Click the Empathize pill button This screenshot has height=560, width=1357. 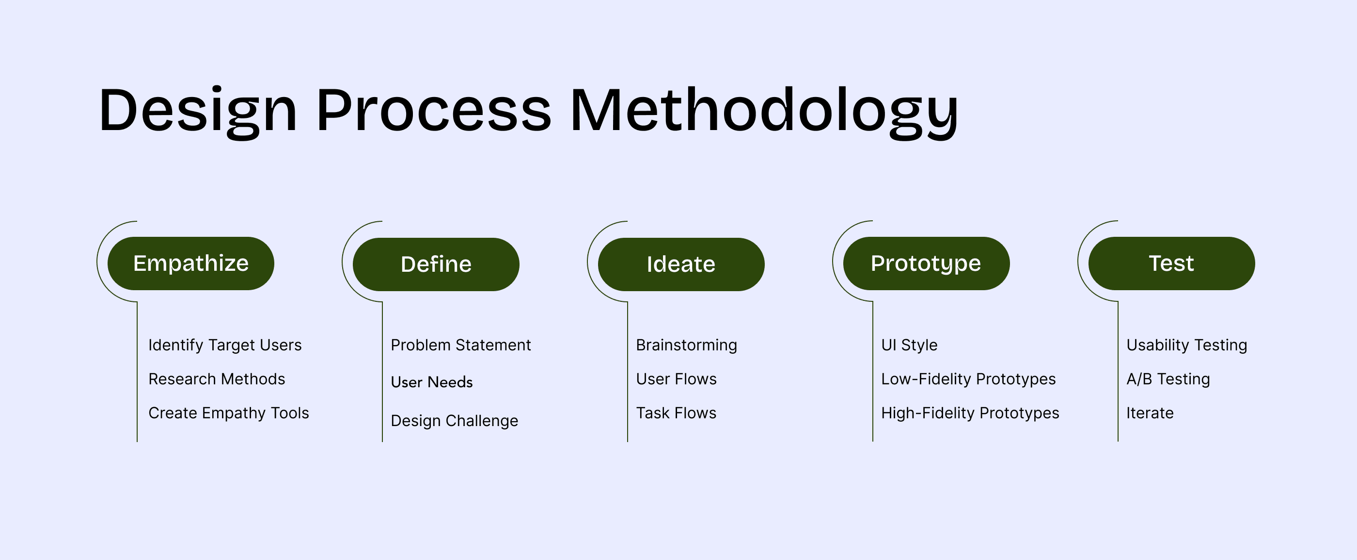point(190,263)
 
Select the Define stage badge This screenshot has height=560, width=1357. point(436,264)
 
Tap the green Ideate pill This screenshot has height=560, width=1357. point(681,264)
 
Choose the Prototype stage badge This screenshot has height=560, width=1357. point(927,263)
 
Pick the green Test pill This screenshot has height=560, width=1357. point(1171,263)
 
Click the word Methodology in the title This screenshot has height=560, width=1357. point(764,112)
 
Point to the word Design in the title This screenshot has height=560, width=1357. point(198,112)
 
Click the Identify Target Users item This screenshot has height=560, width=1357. point(225,345)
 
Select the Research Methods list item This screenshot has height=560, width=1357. point(217,379)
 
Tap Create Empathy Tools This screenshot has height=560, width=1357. point(229,413)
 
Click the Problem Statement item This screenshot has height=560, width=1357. point(461,345)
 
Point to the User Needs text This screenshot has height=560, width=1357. point(432,382)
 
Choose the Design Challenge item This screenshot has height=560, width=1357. point(455,421)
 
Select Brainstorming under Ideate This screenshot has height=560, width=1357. point(686,345)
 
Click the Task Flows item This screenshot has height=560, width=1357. point(677,413)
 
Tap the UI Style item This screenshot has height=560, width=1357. point(909,345)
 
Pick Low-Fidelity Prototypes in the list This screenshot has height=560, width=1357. point(968,379)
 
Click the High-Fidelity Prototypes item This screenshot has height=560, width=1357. point(970,413)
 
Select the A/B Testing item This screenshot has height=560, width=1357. point(1168,379)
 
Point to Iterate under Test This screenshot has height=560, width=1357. point(1150,413)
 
